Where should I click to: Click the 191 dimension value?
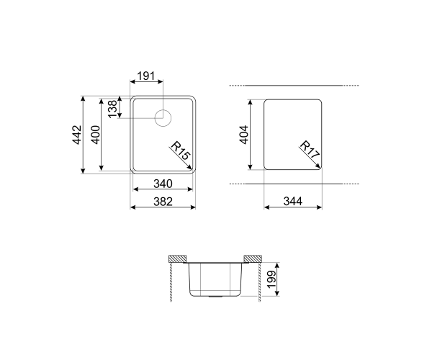[146, 76]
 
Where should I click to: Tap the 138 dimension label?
[112, 109]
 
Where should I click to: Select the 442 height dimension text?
[77, 135]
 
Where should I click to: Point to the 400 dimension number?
[96, 135]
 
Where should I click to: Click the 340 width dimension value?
[163, 184]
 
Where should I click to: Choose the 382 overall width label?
[163, 202]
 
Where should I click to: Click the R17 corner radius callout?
[310, 150]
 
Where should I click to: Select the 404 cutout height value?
[244, 135]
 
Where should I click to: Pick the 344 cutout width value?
[293, 202]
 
